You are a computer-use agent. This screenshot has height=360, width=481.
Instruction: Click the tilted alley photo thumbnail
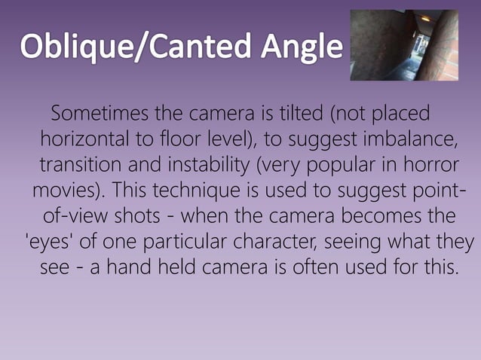(x=404, y=45)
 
